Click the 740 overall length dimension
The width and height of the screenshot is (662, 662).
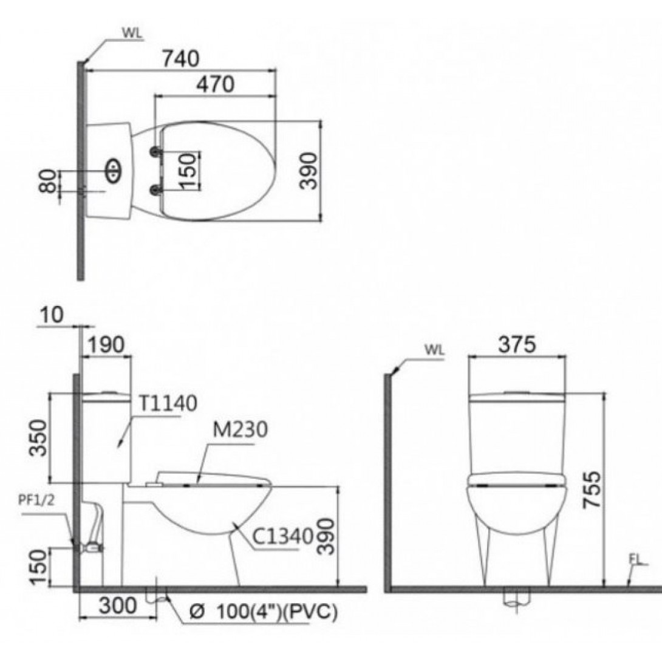180,58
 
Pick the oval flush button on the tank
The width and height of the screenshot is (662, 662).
114,171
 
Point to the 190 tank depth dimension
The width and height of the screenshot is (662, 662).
107,344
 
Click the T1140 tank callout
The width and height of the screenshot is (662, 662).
167,403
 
